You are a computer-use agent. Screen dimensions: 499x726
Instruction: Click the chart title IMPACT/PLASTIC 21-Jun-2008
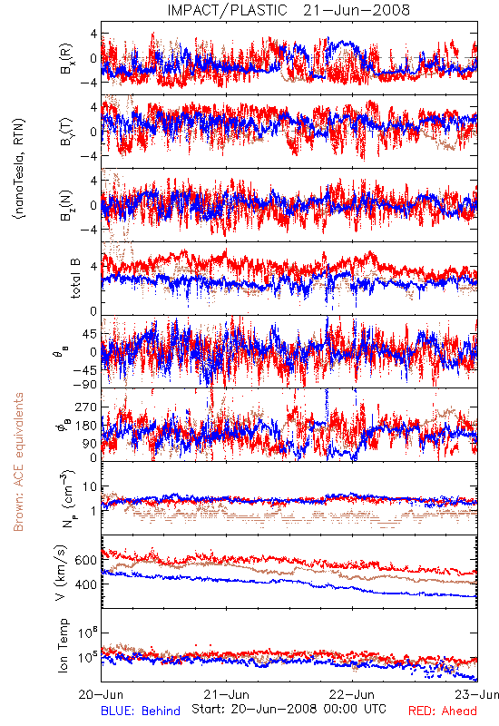point(289,10)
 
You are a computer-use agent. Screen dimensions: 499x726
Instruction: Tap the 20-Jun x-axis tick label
point(102,694)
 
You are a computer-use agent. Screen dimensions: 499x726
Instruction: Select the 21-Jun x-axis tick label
point(227,694)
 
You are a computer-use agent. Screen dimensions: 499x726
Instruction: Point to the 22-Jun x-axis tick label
point(352,694)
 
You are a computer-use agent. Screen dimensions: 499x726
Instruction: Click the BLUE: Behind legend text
point(141,711)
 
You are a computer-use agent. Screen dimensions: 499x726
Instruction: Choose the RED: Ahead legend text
point(443,711)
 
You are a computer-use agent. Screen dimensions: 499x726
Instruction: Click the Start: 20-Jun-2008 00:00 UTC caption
point(289,709)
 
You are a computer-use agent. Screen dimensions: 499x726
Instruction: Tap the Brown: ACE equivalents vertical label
point(18,462)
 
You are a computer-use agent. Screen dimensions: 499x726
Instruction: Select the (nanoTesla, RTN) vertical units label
point(19,168)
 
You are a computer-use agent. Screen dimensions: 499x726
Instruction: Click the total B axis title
point(75,279)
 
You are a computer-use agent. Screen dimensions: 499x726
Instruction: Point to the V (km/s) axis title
point(61,573)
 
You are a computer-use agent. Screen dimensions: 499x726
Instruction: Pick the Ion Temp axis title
point(63,645)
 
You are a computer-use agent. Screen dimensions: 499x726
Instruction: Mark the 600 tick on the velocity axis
point(85,560)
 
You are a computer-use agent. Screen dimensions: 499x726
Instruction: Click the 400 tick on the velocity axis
point(85,584)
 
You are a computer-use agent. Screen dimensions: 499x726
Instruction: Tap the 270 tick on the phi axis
point(86,407)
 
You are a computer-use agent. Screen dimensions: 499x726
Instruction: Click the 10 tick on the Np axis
point(90,486)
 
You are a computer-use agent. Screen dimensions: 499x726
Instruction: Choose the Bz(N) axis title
point(66,205)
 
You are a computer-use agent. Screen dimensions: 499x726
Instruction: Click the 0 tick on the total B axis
point(93,311)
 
